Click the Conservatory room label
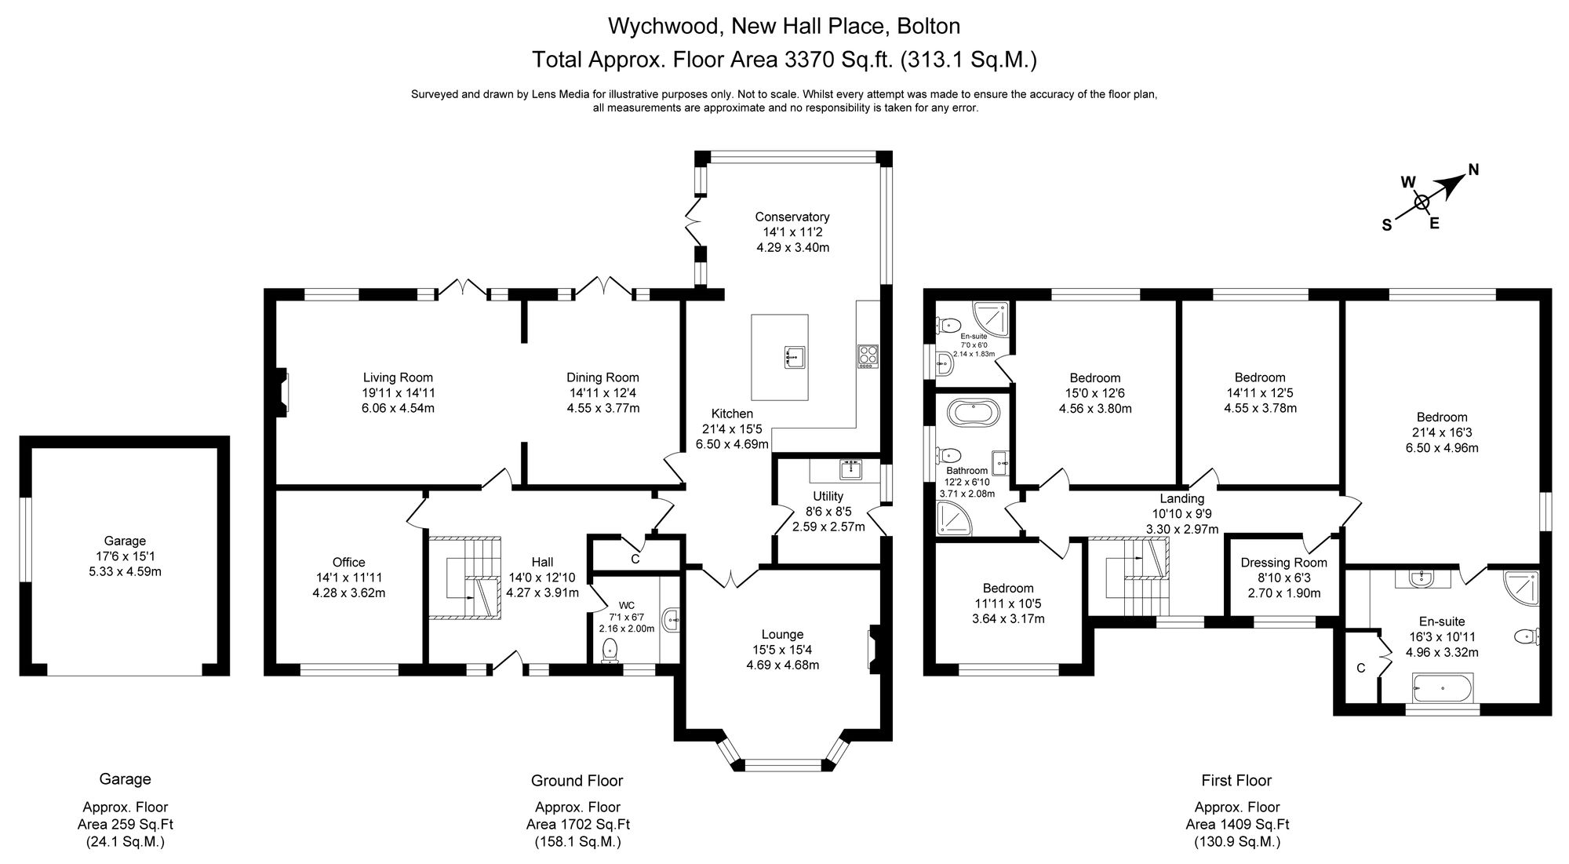click(x=792, y=217)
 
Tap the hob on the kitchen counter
click(x=868, y=355)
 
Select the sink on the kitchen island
click(x=792, y=357)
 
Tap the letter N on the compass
click(x=1473, y=169)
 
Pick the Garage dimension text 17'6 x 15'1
click(x=126, y=556)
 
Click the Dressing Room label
click(x=1284, y=562)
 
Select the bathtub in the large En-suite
click(x=1443, y=688)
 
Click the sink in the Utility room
click(x=850, y=469)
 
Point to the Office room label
click(x=348, y=562)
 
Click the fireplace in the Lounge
click(x=874, y=650)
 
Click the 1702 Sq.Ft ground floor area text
click(x=577, y=825)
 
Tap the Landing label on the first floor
click(x=1182, y=498)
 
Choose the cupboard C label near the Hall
click(x=635, y=560)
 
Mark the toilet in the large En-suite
click(x=1527, y=636)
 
